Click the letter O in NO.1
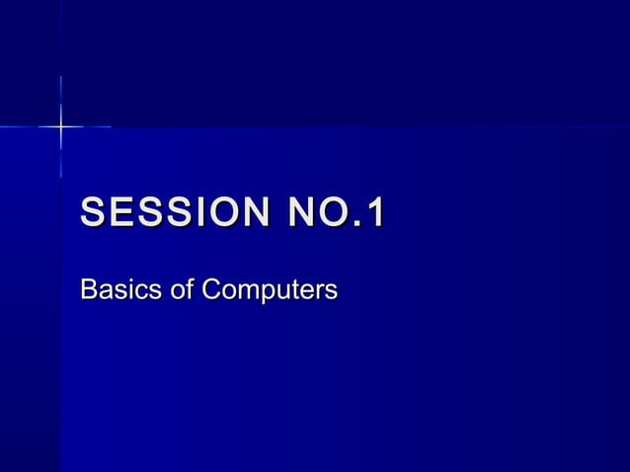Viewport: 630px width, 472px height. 333,213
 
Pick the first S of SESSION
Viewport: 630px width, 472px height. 93,213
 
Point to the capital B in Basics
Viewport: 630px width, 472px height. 88,291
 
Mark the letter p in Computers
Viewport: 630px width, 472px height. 264,294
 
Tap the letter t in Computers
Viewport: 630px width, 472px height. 293,291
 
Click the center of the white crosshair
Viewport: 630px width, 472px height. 61,126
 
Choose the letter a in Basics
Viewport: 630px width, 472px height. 103,293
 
